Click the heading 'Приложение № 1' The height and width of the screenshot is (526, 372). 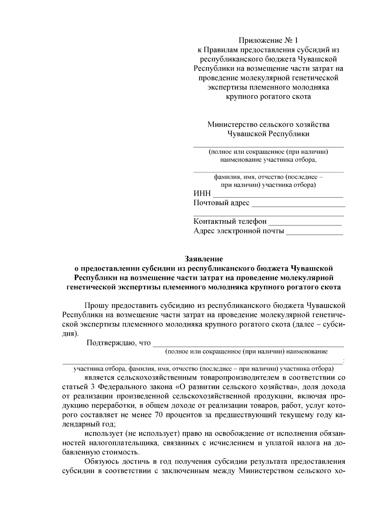tap(268, 40)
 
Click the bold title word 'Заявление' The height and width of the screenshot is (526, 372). tap(204, 258)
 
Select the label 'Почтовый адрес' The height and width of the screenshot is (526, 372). tap(221, 203)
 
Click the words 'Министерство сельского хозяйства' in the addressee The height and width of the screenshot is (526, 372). tap(268, 125)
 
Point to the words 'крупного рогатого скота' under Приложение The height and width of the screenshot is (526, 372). tap(268, 97)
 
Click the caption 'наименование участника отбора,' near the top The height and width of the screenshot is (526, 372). tap(268, 160)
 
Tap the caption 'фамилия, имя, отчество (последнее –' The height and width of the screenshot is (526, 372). tap(268, 177)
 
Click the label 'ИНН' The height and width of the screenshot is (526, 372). tap(202, 194)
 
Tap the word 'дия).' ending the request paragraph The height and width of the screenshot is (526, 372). tap(71, 334)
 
